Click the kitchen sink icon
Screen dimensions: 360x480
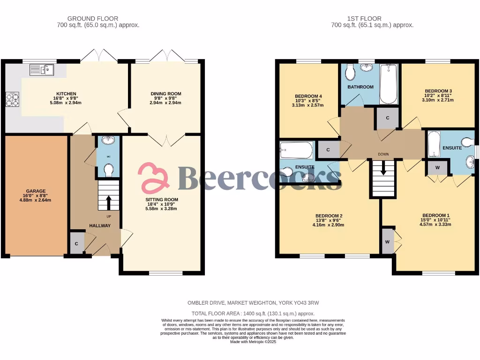pyautogui.click(x=42, y=70)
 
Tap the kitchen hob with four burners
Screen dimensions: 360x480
pyautogui.click(x=12, y=99)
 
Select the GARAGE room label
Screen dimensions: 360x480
pyautogui.click(x=36, y=191)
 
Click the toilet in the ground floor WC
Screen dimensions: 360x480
pyautogui.click(x=108, y=169)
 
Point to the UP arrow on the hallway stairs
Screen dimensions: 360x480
pyautogui.click(x=109, y=202)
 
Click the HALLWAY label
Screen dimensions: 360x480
pyautogui.click(x=100, y=226)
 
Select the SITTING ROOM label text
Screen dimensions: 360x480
pyautogui.click(x=161, y=200)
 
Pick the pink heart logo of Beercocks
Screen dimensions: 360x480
pyautogui.click(x=153, y=178)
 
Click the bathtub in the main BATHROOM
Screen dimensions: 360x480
pyautogui.click(x=389, y=84)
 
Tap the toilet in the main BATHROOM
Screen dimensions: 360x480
pyautogui.click(x=350, y=73)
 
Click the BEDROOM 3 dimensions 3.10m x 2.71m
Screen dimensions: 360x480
pyautogui.click(x=439, y=100)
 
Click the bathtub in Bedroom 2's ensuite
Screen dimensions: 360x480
pyautogui.click(x=296, y=150)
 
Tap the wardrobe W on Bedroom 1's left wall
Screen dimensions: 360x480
pyautogui.click(x=388, y=241)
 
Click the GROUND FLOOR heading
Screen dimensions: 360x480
pyautogui.click(x=93, y=19)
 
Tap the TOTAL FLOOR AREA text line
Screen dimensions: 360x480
pyautogui.click(x=253, y=313)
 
